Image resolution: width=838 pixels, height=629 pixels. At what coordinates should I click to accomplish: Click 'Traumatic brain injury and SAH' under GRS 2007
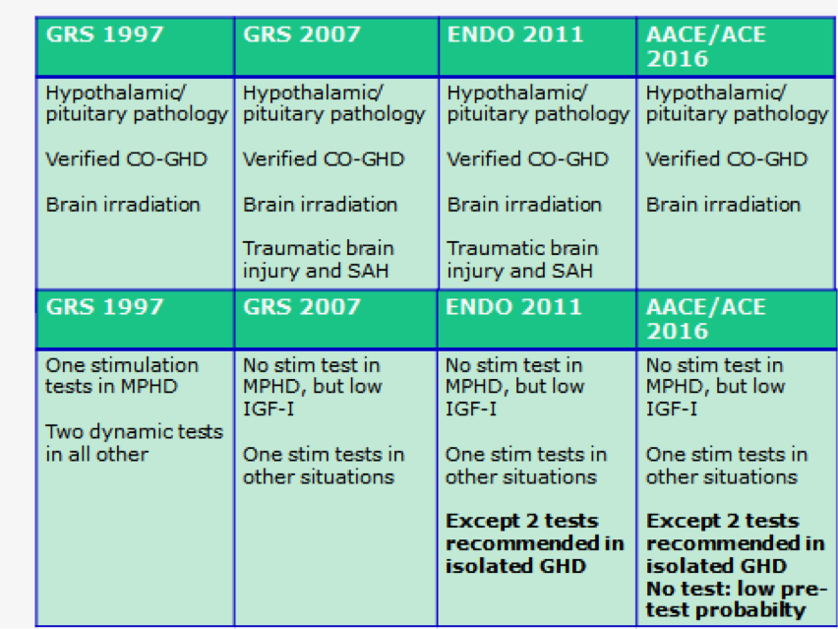[318, 260]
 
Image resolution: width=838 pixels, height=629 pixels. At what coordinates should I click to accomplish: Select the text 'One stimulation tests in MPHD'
[122, 375]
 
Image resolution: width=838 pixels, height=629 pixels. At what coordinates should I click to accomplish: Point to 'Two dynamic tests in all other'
[134, 443]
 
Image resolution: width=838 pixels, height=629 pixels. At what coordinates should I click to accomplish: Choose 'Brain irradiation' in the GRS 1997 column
[123, 205]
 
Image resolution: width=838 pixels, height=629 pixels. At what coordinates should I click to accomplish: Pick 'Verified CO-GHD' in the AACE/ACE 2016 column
[726, 158]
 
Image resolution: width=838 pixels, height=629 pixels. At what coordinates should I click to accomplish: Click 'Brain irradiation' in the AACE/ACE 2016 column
[723, 205]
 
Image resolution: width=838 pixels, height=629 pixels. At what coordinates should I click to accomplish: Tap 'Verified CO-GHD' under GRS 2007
[324, 158]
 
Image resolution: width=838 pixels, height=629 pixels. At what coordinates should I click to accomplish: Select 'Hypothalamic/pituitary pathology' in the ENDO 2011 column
[538, 103]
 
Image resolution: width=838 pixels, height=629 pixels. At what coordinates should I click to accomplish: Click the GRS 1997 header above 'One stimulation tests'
[104, 307]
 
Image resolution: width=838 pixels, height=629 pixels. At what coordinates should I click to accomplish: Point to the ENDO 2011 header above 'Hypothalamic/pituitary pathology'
[515, 34]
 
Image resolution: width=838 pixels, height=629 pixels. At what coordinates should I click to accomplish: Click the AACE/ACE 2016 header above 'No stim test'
[705, 319]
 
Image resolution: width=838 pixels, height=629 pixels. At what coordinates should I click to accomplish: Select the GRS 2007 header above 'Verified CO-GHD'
[302, 34]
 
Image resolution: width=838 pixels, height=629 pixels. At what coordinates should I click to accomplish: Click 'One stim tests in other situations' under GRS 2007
[324, 466]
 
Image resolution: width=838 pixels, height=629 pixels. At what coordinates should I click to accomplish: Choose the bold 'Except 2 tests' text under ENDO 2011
[521, 521]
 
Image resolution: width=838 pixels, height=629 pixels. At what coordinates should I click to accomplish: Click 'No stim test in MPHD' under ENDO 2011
[514, 375]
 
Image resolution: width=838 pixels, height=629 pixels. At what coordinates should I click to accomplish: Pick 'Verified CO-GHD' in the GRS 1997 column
[126, 158]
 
